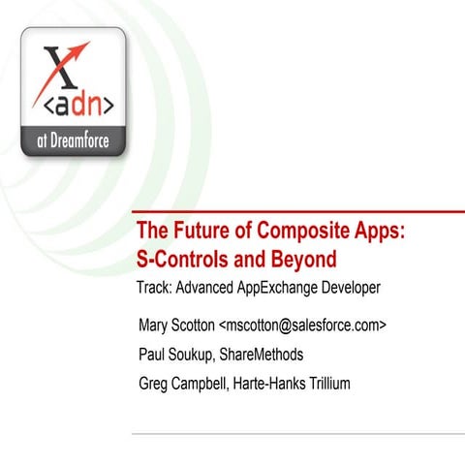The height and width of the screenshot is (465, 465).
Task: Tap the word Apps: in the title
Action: coord(381,232)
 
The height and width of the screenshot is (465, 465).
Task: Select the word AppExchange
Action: coord(282,288)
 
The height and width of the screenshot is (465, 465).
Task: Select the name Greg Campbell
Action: coord(182,384)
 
